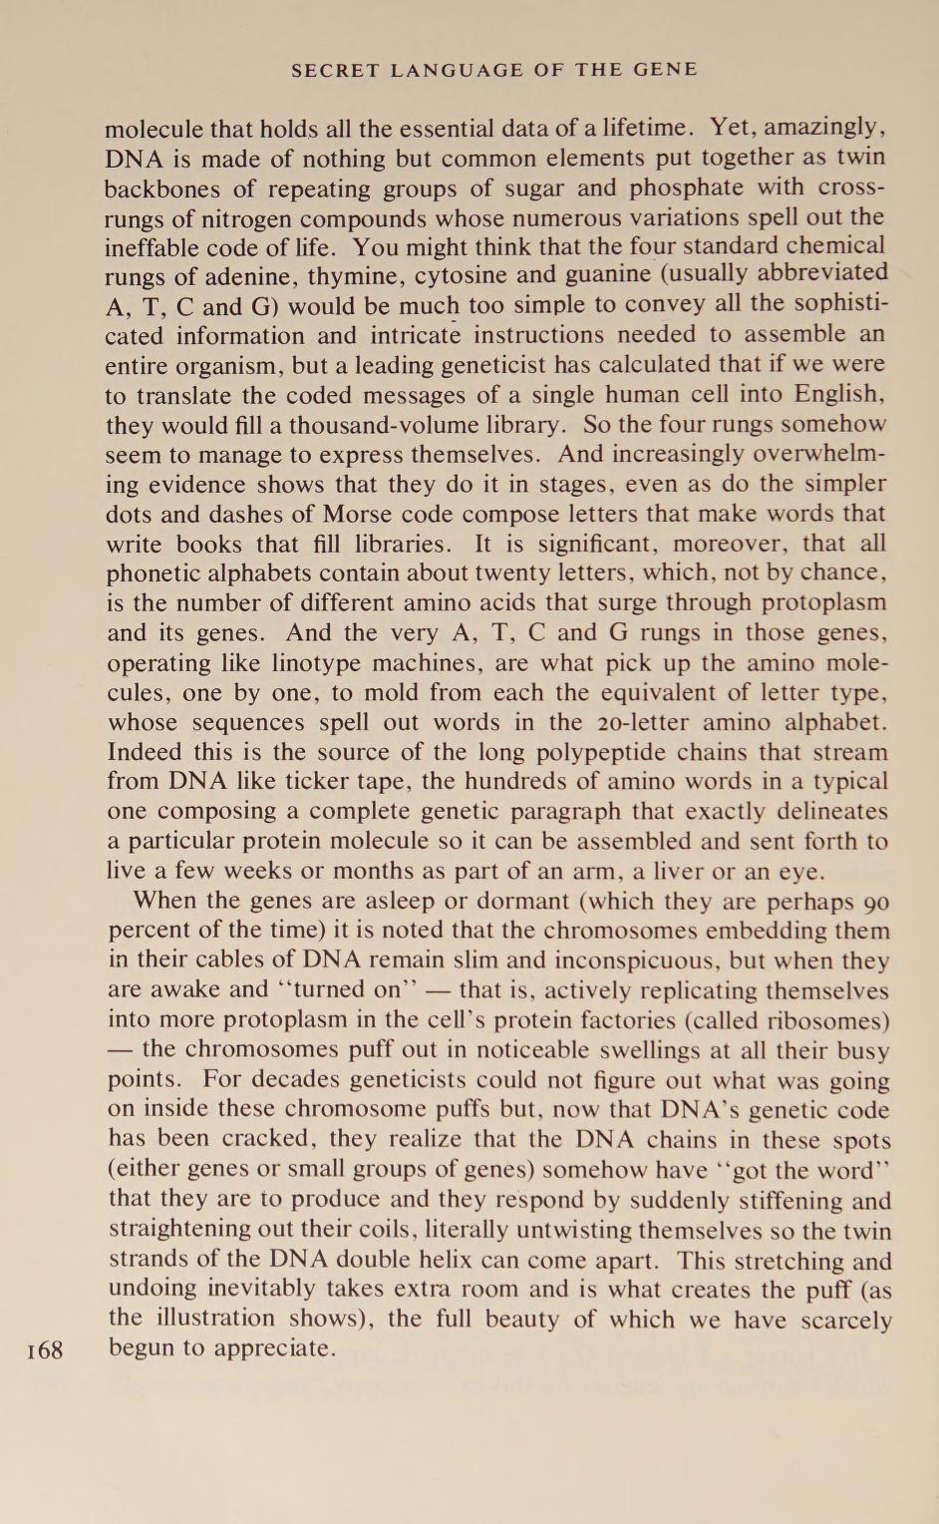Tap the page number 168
tap(45, 1350)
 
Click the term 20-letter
tap(642, 722)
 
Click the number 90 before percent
tap(876, 902)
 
